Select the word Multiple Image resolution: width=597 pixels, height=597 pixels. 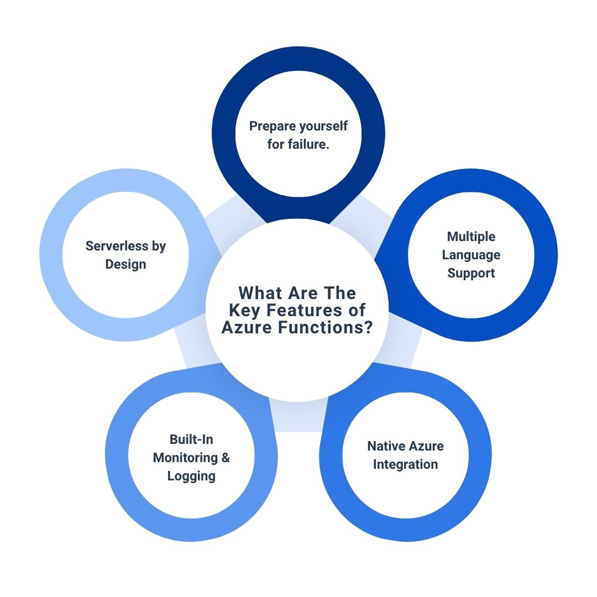click(x=471, y=237)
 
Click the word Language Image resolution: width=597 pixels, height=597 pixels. click(x=471, y=255)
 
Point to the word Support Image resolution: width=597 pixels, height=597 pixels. click(x=471, y=273)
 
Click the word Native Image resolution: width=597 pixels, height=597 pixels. click(x=385, y=446)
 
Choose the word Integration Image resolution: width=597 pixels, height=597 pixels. click(x=405, y=464)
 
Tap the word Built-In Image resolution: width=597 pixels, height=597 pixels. click(x=191, y=439)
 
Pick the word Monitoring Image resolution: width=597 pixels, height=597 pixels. click(x=185, y=458)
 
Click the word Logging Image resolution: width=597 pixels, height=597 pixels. click(x=191, y=476)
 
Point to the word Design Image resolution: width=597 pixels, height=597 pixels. click(x=125, y=264)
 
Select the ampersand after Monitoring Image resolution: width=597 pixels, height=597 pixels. click(x=226, y=458)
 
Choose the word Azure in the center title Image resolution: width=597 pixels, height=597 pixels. click(x=247, y=327)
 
